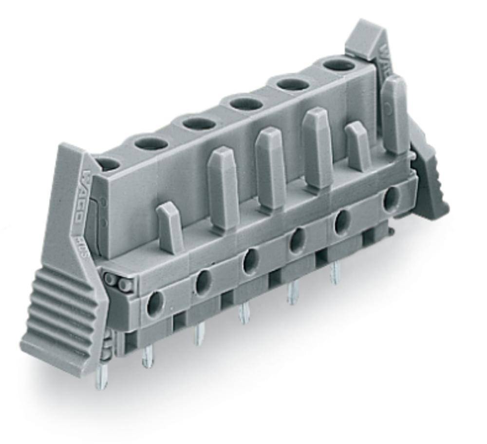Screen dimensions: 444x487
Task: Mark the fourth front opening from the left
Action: pyautogui.click(x=296, y=239)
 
